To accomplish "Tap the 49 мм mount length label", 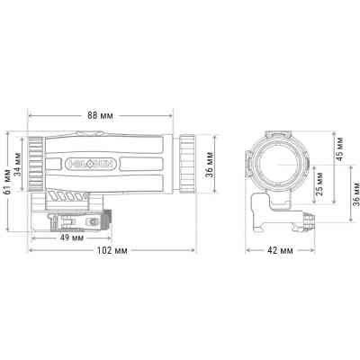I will (x=71, y=238).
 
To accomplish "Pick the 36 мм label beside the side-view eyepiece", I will (x=215, y=164).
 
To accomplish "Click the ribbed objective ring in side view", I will (x=34, y=164).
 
